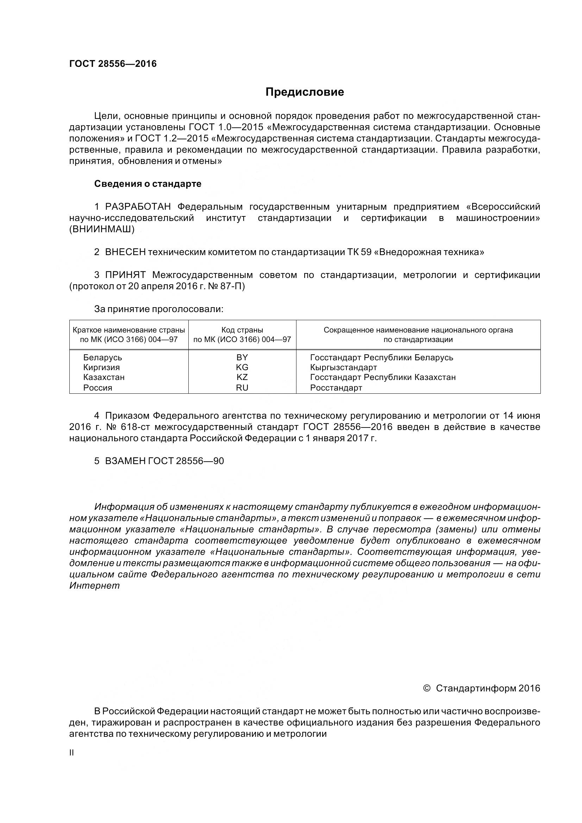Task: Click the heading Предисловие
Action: click(x=305, y=92)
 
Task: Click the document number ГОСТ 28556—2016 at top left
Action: click(x=113, y=64)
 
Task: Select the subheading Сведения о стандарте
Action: click(x=148, y=184)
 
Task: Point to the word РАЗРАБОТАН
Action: click(x=138, y=207)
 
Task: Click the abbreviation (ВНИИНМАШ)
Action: click(x=102, y=229)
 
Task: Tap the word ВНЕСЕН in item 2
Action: click(x=125, y=252)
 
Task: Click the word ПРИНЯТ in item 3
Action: click(x=125, y=275)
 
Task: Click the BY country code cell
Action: click(x=242, y=357)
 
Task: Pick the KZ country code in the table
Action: click(x=242, y=377)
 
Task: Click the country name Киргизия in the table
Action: click(x=101, y=367)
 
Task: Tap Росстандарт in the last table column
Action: click(x=336, y=387)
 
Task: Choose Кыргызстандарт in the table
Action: click(x=343, y=367)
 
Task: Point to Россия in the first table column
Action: click(x=98, y=387)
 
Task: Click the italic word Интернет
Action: click(x=94, y=586)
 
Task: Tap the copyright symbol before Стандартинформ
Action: click(x=427, y=688)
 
